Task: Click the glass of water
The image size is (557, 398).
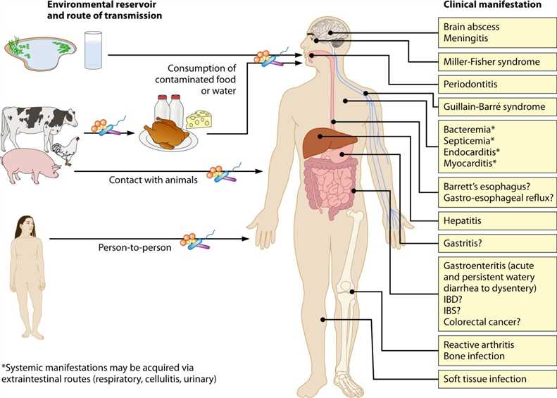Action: tap(94, 50)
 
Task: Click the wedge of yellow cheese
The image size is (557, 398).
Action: tap(199, 118)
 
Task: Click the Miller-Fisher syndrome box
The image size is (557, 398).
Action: tap(491, 62)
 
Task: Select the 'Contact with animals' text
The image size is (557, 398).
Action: tap(153, 180)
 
